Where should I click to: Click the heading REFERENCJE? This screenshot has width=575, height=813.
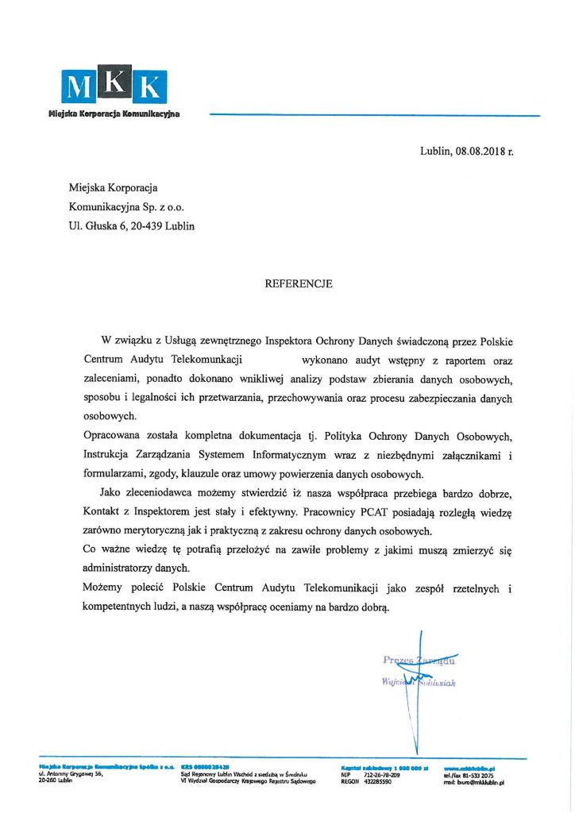coord(299,283)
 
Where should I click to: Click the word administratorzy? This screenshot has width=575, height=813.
coord(129,569)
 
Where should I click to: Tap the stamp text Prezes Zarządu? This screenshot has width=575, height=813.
coord(420,660)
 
